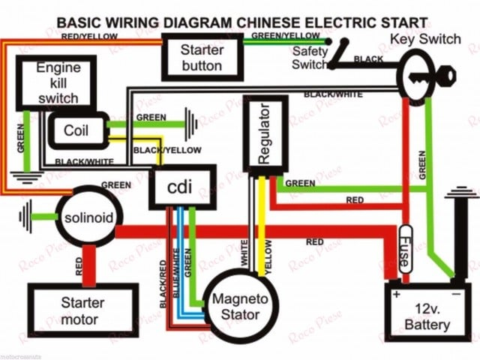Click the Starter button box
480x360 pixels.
[x=201, y=57]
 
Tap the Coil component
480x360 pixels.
[x=76, y=130]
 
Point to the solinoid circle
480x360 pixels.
[x=88, y=217]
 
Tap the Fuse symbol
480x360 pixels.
[x=406, y=247]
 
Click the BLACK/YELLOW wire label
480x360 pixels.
[x=167, y=150]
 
